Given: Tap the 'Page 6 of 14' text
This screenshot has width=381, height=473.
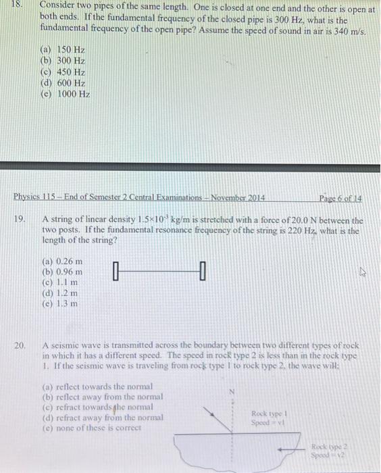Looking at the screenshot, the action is tap(340, 198).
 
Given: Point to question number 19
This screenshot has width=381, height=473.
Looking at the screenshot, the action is tap(20, 220).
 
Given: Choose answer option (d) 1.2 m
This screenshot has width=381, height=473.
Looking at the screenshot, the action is tap(60, 293).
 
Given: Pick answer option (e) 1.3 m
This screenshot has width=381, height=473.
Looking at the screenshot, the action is tap(60, 303).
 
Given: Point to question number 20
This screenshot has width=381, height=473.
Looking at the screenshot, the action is tap(20, 345).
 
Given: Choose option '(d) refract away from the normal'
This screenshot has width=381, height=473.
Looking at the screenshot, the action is tap(102, 418).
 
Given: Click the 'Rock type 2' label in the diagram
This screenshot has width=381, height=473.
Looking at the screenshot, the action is tap(328, 447).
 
